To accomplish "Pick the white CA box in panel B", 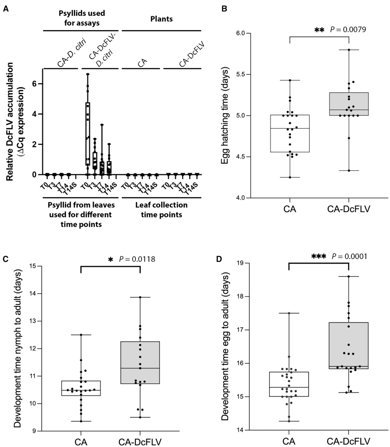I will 289,133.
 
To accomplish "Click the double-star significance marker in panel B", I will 319,30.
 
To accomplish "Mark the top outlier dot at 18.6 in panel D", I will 349,277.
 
